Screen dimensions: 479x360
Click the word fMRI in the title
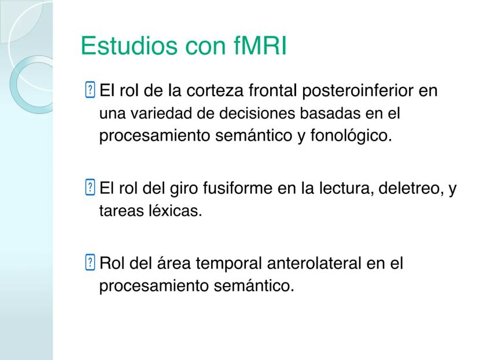[260, 46]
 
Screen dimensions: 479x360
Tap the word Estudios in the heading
[129, 46]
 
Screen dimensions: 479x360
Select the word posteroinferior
[358, 91]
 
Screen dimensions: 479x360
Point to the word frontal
[272, 90]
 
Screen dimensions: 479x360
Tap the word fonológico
[351, 135]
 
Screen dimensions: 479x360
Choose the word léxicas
[175, 211]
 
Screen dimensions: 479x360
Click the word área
[174, 263]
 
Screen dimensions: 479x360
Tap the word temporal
[229, 264]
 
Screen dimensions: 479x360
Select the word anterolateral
[314, 263]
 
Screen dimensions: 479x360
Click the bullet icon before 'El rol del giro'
[90, 187]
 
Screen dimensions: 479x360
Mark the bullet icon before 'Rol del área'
[90, 262]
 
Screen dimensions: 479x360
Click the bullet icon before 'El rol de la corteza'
[90, 90]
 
